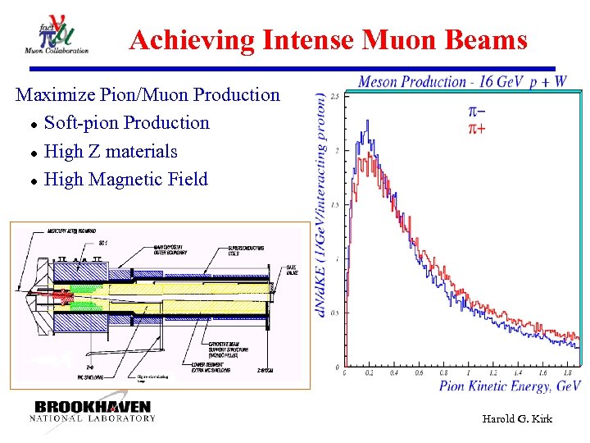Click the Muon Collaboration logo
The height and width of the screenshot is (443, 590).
57,35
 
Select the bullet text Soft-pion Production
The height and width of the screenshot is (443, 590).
126,123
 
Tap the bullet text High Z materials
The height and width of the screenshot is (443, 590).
111,151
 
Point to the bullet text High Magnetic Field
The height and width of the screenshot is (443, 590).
126,179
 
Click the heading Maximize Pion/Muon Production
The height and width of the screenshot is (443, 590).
147,94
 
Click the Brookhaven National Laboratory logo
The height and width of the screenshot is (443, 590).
93,411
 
